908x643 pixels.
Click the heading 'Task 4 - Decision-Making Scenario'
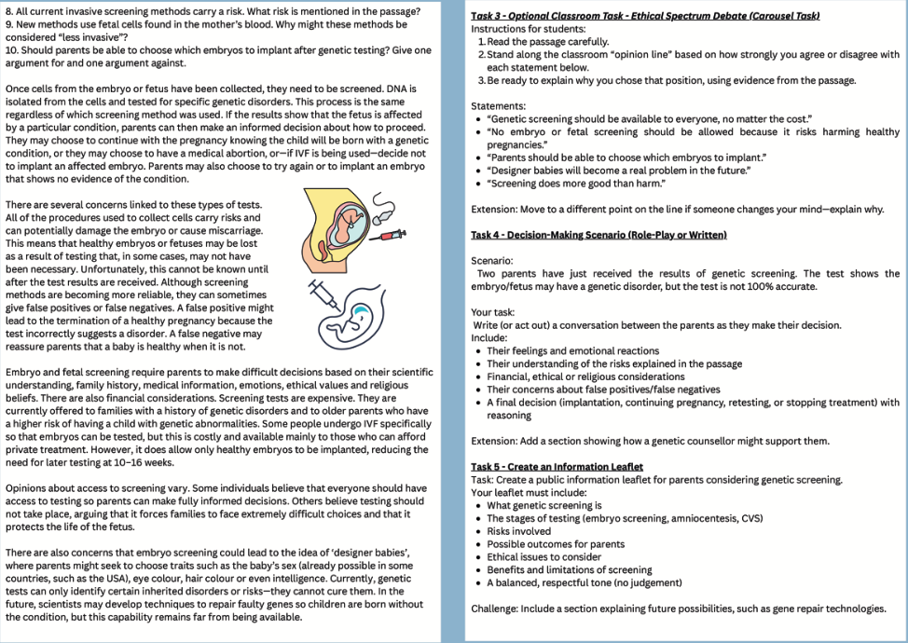point(598,234)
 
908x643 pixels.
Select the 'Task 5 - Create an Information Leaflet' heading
point(557,466)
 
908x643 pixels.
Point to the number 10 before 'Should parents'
point(12,50)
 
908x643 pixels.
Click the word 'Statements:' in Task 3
point(499,106)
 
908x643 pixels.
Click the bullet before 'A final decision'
point(478,403)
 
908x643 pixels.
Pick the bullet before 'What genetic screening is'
point(478,505)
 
